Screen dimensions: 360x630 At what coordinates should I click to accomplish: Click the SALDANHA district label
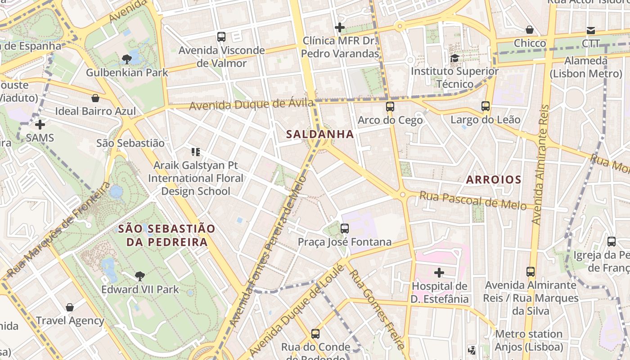click(x=320, y=134)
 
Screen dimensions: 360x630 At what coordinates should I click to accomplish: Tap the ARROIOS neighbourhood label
click(x=493, y=180)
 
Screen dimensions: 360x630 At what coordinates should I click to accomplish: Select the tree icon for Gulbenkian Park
click(x=127, y=59)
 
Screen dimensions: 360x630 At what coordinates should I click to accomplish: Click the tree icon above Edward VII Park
click(x=139, y=276)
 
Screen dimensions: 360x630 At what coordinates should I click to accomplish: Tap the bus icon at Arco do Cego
click(x=390, y=107)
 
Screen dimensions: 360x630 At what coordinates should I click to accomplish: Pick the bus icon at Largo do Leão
click(x=485, y=106)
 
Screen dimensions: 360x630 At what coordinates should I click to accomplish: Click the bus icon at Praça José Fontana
click(x=345, y=228)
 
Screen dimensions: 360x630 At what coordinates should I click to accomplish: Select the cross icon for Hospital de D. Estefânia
click(x=439, y=272)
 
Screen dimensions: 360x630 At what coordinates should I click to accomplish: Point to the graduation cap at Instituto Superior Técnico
click(x=454, y=58)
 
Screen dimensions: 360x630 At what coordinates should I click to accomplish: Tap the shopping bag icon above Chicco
click(x=530, y=30)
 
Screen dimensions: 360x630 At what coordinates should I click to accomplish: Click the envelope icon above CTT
click(x=590, y=30)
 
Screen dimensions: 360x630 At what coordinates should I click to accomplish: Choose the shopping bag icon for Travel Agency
click(x=70, y=307)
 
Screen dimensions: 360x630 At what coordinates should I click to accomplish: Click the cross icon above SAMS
click(x=40, y=124)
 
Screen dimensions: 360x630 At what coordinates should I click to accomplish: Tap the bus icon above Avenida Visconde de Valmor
click(x=221, y=37)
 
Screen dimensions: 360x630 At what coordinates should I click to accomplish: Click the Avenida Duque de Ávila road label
click(x=251, y=105)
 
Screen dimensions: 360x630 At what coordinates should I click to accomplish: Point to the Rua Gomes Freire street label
click(x=377, y=309)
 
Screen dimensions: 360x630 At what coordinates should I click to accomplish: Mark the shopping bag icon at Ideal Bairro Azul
click(x=95, y=98)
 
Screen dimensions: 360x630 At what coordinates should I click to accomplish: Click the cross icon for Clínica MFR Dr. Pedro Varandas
click(x=340, y=27)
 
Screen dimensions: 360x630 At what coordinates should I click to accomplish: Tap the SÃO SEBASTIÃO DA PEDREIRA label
click(x=166, y=235)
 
